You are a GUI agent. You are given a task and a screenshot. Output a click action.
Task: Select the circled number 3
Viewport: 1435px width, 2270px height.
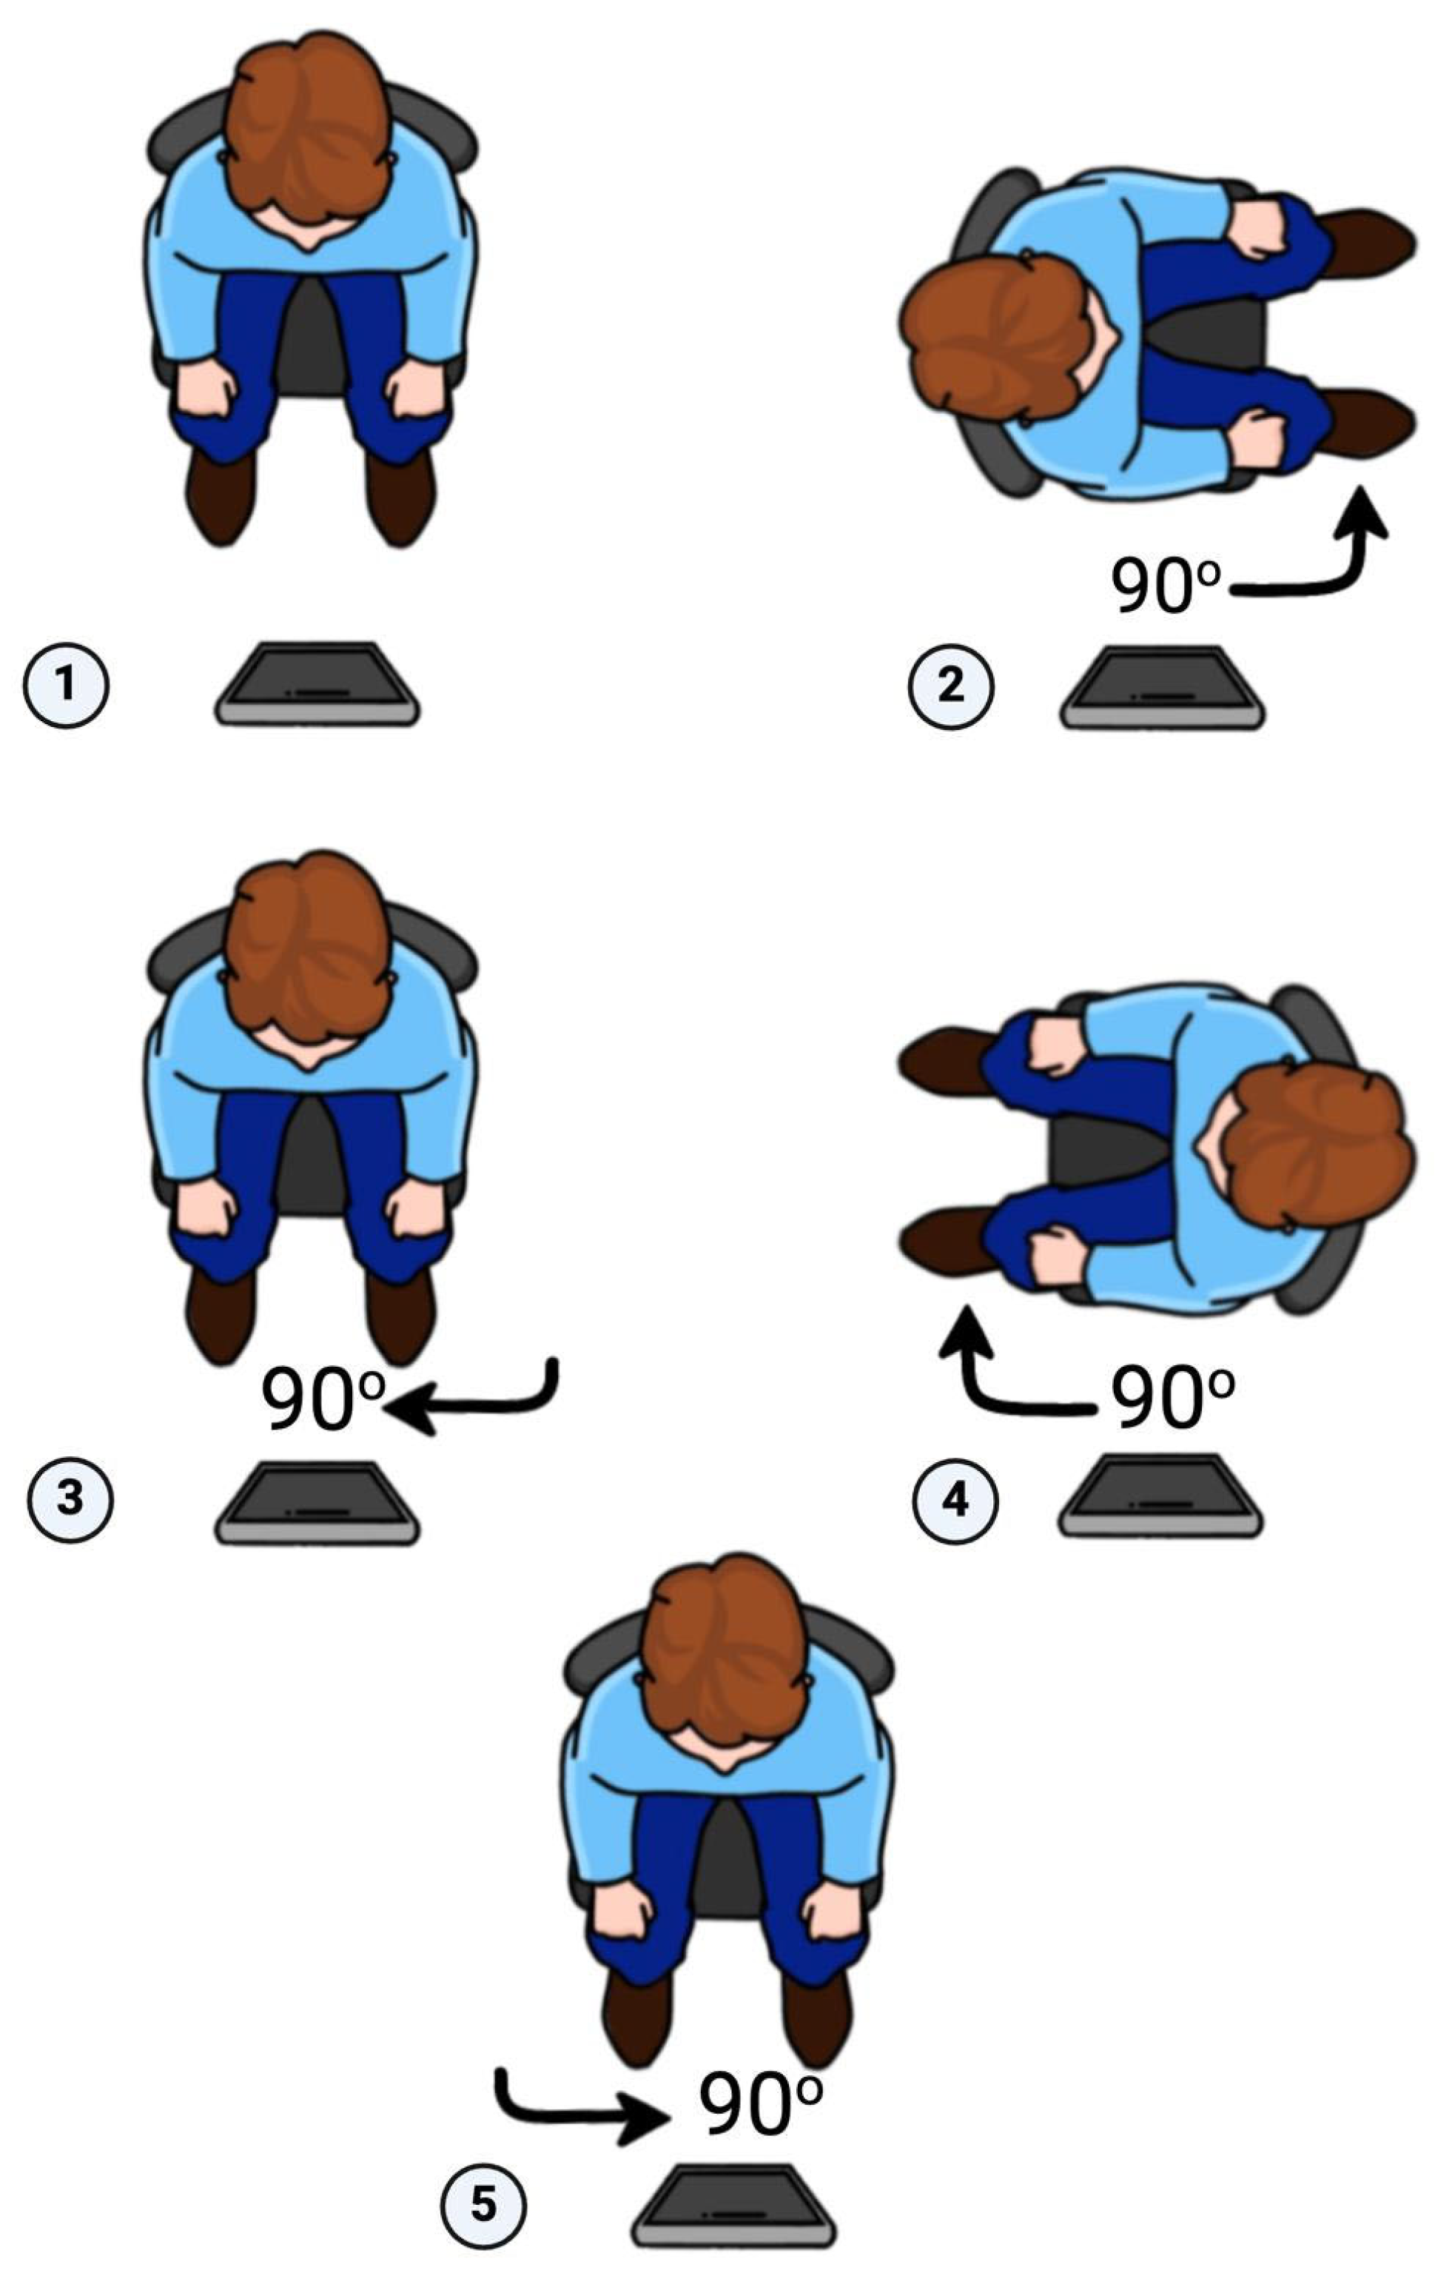[x=70, y=1499]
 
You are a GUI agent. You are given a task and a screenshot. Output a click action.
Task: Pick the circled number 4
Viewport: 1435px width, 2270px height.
[x=955, y=1499]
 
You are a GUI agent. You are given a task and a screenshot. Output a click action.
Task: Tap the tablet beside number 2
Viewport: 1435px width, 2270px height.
[x=1162, y=686]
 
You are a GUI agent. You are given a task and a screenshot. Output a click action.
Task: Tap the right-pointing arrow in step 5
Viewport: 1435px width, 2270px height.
[x=575, y=2115]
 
